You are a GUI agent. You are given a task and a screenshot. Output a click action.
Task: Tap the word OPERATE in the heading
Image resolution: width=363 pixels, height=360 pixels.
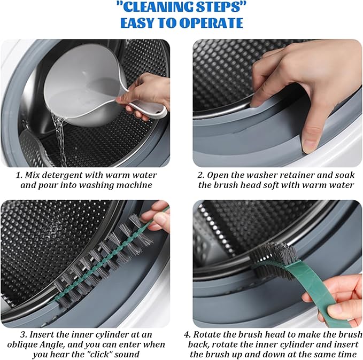click(211, 22)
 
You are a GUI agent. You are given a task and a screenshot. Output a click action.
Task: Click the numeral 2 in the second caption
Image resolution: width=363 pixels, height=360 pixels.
click(200, 175)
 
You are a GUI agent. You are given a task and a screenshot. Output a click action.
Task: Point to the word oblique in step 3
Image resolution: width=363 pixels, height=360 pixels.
click(20, 345)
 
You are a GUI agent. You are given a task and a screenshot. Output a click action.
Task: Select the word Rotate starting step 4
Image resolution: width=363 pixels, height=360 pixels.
click(206, 335)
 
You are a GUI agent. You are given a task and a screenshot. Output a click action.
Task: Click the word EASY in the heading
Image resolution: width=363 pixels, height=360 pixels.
click(136, 22)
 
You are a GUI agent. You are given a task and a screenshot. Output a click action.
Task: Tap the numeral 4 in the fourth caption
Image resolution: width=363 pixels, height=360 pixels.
click(187, 335)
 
